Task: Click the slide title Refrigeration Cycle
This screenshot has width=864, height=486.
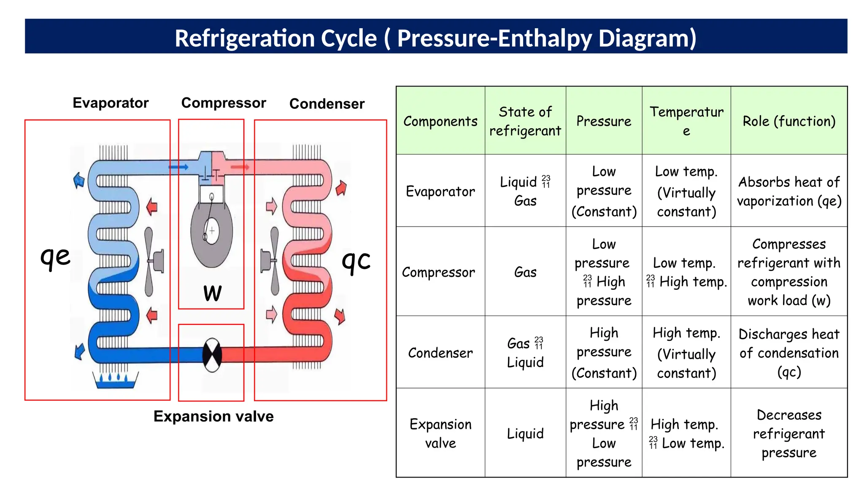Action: [435, 38]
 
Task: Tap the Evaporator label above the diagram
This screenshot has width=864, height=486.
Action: [111, 103]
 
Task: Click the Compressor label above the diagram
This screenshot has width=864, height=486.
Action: [224, 103]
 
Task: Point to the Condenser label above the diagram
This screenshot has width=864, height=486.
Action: [327, 104]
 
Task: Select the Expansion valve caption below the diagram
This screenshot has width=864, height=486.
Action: [213, 416]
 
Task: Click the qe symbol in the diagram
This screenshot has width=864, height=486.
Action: [55, 256]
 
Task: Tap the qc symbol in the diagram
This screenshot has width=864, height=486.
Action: [356, 261]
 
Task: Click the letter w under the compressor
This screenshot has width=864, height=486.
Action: [212, 293]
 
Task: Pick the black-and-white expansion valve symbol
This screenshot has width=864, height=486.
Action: [212, 355]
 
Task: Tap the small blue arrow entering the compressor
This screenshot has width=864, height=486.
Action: [178, 167]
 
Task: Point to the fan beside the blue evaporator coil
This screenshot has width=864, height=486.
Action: [152, 262]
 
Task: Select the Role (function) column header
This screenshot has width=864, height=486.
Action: [789, 121]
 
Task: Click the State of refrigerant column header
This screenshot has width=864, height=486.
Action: [525, 121]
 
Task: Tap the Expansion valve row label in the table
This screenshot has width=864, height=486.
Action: [440, 433]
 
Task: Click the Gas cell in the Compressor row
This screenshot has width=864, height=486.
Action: [525, 272]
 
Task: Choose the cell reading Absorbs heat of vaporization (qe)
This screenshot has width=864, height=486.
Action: [789, 191]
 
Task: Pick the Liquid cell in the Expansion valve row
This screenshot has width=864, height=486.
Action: [525, 433]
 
